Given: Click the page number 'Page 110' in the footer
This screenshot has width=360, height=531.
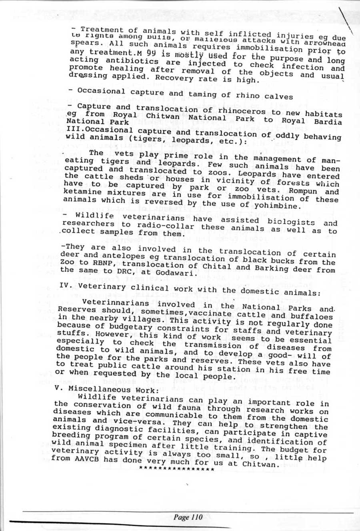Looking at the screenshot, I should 188,517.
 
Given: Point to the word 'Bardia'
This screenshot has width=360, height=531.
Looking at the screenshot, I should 327,122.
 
